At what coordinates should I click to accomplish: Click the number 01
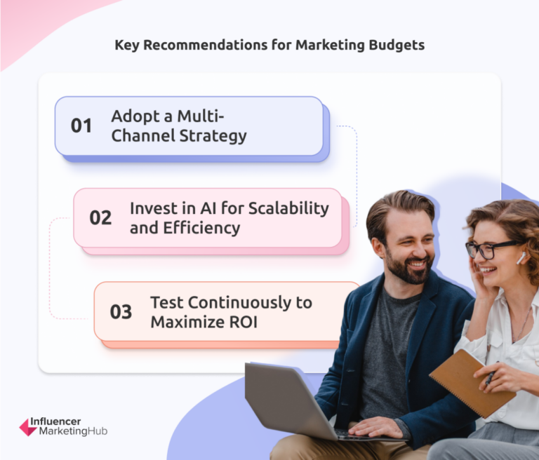pyautogui.click(x=81, y=126)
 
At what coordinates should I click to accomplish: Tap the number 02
pyautogui.click(x=100, y=217)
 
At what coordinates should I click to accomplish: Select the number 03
pyautogui.click(x=121, y=312)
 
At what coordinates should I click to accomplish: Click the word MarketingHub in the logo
pyautogui.click(x=73, y=432)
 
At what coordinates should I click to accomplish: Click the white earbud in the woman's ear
pyautogui.click(x=521, y=259)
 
